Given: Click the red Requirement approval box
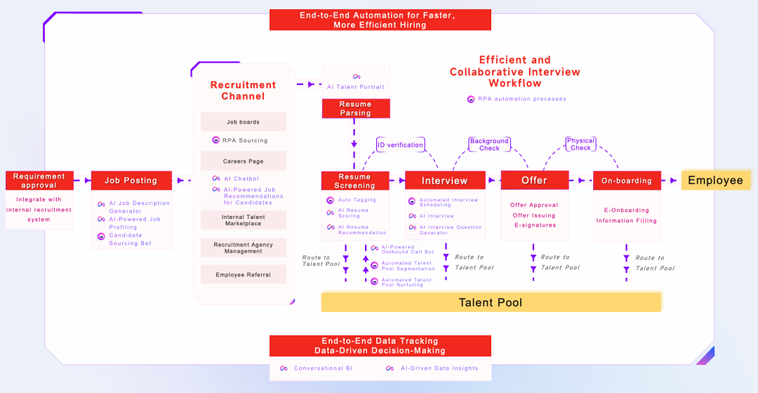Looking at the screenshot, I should [39, 180].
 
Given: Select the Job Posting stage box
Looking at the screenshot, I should [131, 180].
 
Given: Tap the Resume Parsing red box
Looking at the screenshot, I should [355, 108].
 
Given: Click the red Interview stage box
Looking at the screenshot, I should [444, 180].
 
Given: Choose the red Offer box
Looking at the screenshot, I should [534, 180].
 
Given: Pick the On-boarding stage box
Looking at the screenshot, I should [626, 180].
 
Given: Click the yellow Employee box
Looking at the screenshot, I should [715, 180].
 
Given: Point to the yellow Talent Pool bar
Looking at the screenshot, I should [491, 302].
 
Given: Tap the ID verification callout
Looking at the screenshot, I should [400, 145].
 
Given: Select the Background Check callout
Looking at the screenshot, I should [489, 145].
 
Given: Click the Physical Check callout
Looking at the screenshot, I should [580, 144].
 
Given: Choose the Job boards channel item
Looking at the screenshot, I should [243, 122].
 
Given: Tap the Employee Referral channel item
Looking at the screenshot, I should [243, 274].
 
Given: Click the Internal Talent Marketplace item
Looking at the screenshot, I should [243, 220].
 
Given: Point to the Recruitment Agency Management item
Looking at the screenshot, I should [243, 248].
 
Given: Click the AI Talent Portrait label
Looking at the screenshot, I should [356, 87].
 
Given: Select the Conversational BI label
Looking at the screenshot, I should [323, 368].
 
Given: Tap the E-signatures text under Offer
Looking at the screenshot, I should [535, 225].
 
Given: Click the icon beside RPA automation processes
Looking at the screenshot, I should [471, 99].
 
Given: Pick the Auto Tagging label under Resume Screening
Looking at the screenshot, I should [357, 200].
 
